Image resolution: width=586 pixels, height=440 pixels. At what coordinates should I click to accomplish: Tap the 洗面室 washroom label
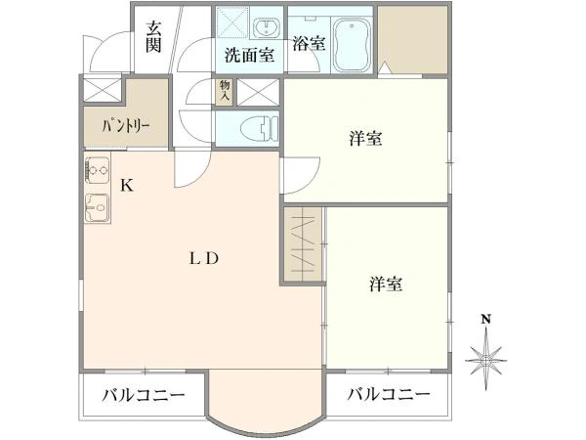249,56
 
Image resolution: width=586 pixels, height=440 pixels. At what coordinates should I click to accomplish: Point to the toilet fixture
260,127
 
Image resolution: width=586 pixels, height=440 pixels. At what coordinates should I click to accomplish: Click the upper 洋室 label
364,138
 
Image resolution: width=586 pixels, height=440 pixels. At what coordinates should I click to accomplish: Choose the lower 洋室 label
387,285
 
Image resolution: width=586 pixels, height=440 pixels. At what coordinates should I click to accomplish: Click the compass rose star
485,362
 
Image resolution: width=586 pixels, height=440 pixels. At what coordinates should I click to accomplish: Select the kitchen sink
97,207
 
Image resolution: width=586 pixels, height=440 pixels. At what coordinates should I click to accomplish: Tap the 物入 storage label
224,92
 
